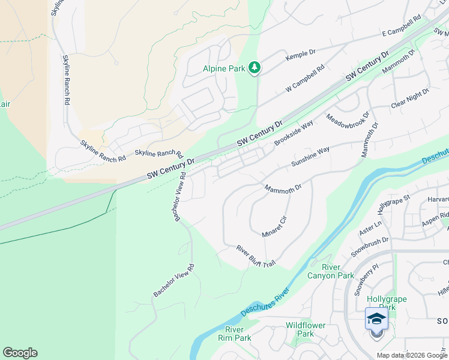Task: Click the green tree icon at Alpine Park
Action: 255,68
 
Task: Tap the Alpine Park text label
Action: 224,68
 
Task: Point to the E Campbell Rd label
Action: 401,28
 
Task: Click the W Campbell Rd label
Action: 305,79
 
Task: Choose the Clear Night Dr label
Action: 411,99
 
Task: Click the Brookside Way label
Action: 294,133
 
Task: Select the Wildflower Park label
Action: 306,329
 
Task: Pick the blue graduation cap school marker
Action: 376,318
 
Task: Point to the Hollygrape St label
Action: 393,204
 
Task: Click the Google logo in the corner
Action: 20,353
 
